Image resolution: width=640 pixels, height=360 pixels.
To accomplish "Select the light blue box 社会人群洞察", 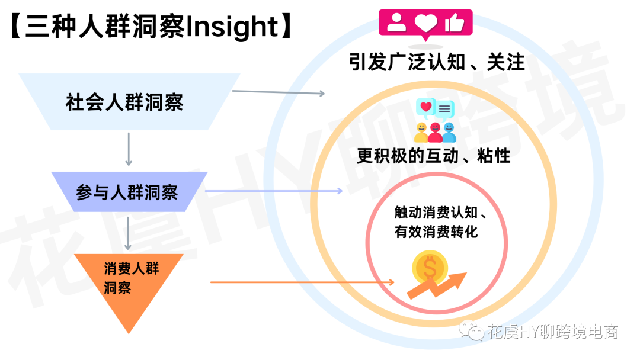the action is (129, 102).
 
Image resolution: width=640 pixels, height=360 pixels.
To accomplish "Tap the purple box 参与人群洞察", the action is (129, 192).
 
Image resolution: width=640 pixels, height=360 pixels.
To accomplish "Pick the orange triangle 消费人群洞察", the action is (129, 285).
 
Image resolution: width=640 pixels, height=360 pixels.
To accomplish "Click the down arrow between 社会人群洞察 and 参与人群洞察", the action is (129, 149).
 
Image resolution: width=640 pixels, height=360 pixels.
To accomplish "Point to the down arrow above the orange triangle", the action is (128, 233).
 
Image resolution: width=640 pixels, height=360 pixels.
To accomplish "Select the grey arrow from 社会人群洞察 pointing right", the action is (279, 92).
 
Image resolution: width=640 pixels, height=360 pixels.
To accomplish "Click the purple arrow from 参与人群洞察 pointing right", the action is (273, 191).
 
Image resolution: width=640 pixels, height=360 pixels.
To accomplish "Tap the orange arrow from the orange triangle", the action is (302, 282).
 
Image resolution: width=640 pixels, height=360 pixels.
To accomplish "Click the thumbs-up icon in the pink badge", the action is (455, 22).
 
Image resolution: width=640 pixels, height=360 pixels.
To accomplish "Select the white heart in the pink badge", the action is (425, 23).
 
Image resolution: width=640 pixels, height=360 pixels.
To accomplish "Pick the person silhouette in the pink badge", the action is (396, 22).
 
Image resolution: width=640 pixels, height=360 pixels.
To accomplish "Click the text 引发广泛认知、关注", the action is (437, 62).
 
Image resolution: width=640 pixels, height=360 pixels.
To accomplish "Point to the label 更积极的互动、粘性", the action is (433, 156).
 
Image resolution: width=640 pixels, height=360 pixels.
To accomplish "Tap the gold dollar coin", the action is (430, 268).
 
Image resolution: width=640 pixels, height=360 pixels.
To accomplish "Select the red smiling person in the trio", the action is (435, 133).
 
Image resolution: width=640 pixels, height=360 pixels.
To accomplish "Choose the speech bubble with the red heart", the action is (425, 107).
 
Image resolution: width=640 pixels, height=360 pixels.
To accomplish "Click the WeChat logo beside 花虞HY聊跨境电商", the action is (472, 330).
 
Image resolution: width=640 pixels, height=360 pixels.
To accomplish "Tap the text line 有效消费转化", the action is (436, 232).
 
